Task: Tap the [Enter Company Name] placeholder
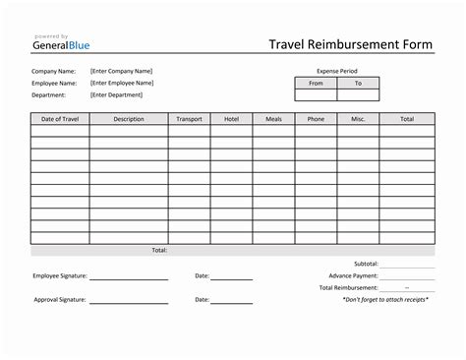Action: point(121,71)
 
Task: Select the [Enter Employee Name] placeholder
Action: point(122,83)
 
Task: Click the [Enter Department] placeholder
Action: point(116,94)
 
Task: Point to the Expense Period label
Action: point(336,72)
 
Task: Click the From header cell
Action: point(316,84)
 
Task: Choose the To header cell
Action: point(358,84)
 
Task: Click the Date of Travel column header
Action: point(59,118)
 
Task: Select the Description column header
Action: point(128,118)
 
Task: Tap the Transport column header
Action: point(189,118)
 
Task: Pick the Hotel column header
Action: point(231,118)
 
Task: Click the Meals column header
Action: point(273,118)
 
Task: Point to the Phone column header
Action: point(316,118)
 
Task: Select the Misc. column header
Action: point(358,118)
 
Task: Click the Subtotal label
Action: point(366,264)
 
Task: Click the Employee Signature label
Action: point(59,275)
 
